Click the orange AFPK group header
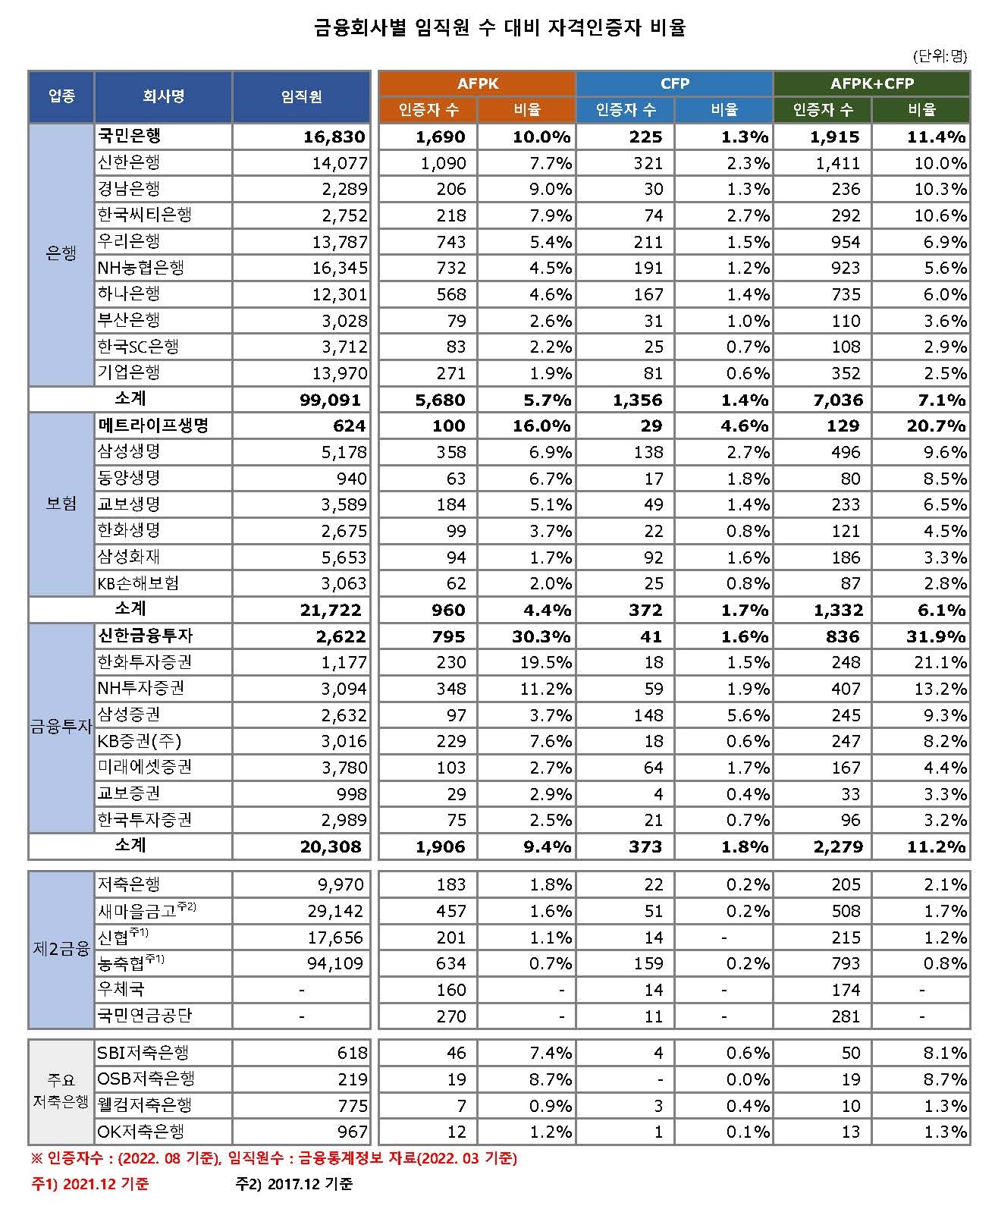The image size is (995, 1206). coord(478,83)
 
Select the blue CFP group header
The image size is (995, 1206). coord(674,83)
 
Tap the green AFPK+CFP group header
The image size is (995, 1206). coord(871,83)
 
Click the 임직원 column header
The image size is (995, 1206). coord(301,96)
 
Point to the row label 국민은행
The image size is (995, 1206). coord(130,137)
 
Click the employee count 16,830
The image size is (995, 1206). coord(334,137)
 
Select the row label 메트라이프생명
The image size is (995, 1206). coord(153,426)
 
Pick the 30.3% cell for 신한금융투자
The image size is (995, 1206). coord(541,636)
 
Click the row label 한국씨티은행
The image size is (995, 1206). coord(145,215)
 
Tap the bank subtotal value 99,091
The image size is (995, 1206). coord(331,400)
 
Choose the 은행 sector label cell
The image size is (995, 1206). coord(61,254)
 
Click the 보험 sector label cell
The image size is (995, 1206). coord(61,504)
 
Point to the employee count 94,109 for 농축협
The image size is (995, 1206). coord(335,963)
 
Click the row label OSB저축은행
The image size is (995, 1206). coord(146,1079)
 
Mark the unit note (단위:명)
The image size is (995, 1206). coord(940,55)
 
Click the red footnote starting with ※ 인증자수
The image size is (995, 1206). coord(274,1159)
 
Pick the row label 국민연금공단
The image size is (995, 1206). coord(145,1016)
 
